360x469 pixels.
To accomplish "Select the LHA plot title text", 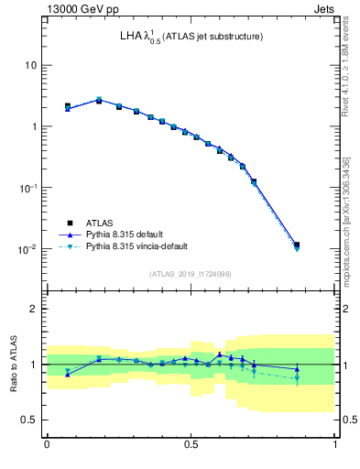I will click(191, 37).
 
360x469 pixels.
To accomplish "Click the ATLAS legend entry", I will click(100, 223).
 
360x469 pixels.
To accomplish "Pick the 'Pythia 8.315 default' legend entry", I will click(124, 234).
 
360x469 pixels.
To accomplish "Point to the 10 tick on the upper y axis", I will click(30, 65).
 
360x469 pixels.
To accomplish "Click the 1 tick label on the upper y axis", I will click(33, 126).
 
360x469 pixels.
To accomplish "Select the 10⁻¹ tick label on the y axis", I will click(28, 187).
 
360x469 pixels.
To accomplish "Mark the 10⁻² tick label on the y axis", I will click(28, 248).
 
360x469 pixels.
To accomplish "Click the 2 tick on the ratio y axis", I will click(34, 309).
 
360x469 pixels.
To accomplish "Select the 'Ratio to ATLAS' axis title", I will click(13, 364).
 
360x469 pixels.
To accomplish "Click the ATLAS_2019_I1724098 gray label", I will click(191, 274).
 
